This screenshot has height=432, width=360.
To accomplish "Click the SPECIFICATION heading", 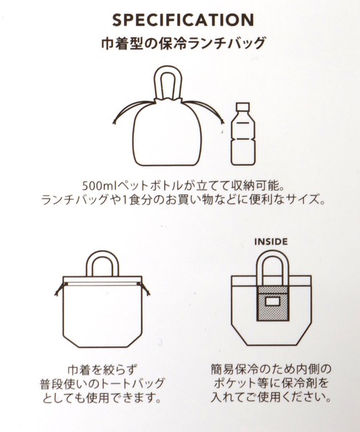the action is pyautogui.click(x=183, y=20).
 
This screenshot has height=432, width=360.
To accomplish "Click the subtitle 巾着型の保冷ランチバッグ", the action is pyautogui.click(x=183, y=43).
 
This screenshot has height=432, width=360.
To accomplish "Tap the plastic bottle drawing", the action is pyautogui.click(x=243, y=134).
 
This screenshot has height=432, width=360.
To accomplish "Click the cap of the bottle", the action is pyautogui.click(x=243, y=106).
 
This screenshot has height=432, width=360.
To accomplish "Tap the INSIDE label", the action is pyautogui.click(x=271, y=242).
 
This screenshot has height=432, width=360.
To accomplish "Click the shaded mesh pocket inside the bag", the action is pyautogui.click(x=273, y=304).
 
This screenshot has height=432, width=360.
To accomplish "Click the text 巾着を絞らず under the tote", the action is pyautogui.click(x=102, y=370).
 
